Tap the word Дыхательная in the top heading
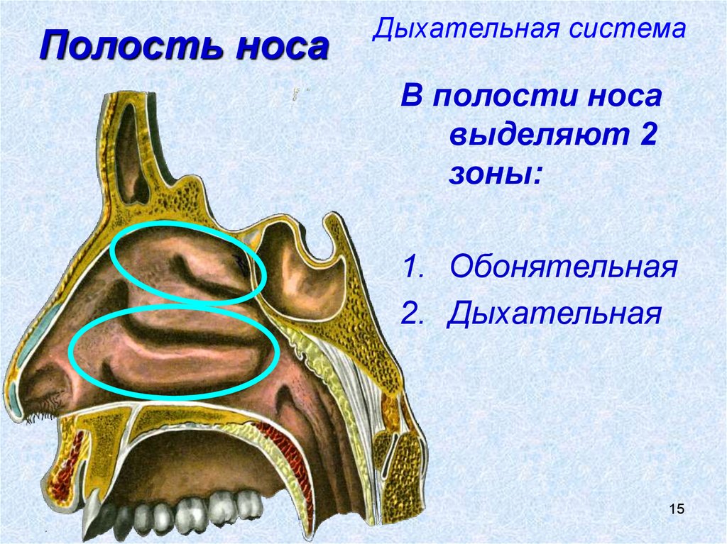point(469,29)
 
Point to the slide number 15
point(675,508)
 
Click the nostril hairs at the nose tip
point(43,411)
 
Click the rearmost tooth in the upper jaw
point(250,504)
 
